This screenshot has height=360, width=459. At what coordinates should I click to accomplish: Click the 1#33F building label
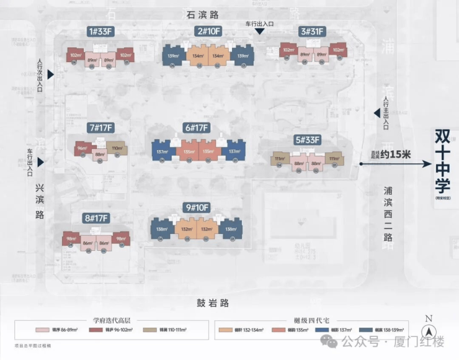pyautogui.click(x=102, y=32)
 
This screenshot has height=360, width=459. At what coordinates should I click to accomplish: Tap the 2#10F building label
pyautogui.click(x=208, y=32)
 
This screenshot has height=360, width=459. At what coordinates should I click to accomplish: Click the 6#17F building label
pyautogui.click(x=197, y=128)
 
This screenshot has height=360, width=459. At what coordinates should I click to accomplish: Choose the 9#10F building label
pyautogui.click(x=197, y=207)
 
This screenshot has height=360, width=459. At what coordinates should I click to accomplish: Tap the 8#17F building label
pyautogui.click(x=96, y=218)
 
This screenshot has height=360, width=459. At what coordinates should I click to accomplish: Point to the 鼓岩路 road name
pyautogui.click(x=213, y=303)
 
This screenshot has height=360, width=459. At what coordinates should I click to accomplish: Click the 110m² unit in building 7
pyautogui.click(x=118, y=149)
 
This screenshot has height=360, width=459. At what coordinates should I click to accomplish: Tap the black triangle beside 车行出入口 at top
pyautogui.click(x=260, y=32)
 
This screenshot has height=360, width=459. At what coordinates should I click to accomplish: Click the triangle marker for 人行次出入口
pyautogui.click(x=51, y=74)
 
